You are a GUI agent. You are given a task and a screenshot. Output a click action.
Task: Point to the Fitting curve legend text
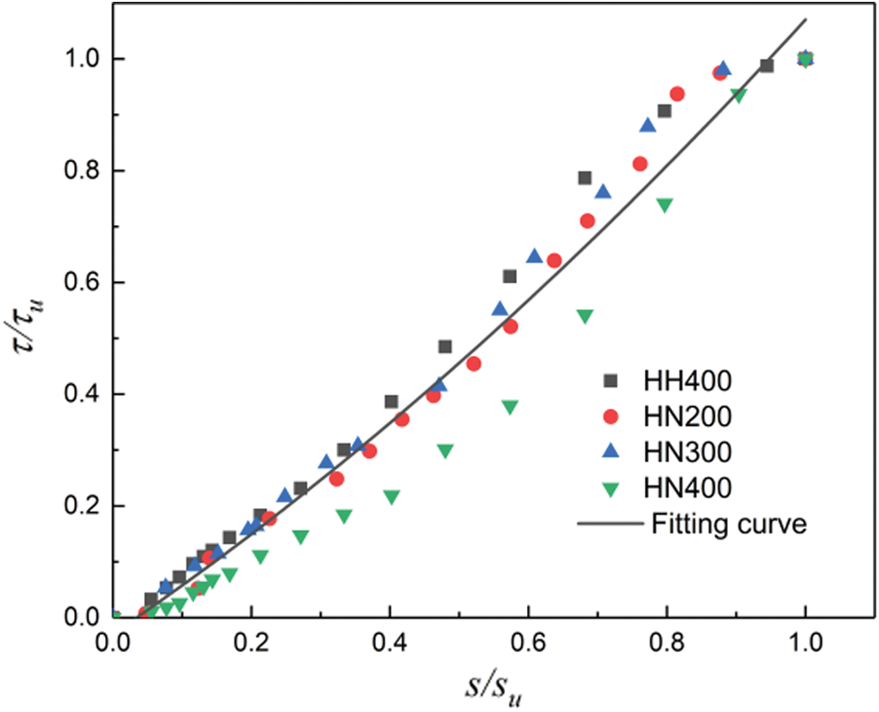[x=728, y=524]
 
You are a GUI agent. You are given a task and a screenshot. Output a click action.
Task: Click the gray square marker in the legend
[x=609, y=381]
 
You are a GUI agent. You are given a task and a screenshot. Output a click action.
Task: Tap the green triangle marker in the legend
[x=609, y=486]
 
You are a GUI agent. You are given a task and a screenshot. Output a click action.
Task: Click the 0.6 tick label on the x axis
[x=528, y=640]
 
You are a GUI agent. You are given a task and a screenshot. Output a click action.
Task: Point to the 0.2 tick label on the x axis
[x=252, y=640]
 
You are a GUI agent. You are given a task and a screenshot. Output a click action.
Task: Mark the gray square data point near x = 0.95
[x=767, y=65]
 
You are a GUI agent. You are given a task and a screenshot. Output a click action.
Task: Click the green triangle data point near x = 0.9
[x=739, y=95]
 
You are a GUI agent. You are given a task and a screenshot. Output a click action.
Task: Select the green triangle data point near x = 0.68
[x=584, y=316]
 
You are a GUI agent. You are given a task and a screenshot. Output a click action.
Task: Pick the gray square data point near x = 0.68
[x=584, y=178]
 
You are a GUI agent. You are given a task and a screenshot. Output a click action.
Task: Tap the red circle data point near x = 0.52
[x=474, y=363]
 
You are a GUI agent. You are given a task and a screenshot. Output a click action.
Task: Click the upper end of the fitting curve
[x=806, y=19]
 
